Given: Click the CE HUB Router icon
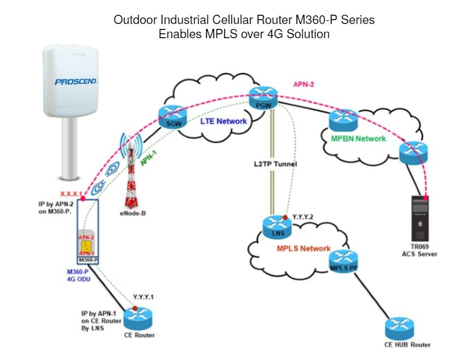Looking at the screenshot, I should coord(400,328).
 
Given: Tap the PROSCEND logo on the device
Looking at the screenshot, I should coord(76,82).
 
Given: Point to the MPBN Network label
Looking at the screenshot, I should coord(358,139).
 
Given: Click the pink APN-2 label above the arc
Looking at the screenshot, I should coord(304,85).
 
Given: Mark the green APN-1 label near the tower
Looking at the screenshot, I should coord(149,158).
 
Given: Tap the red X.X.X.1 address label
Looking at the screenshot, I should coord(71,194).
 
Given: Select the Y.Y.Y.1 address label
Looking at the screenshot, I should coord(144,297).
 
